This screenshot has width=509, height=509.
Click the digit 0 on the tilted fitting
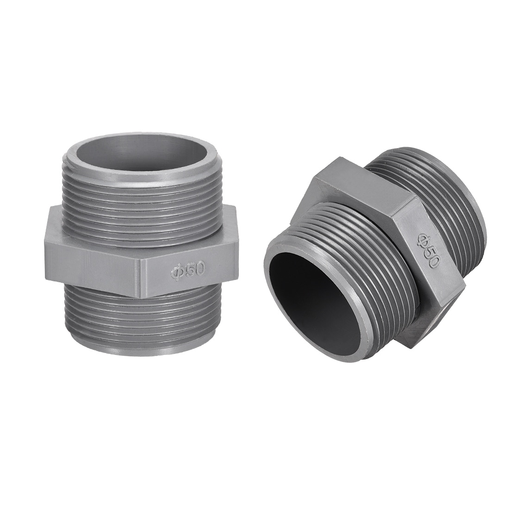click(x=432, y=261)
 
